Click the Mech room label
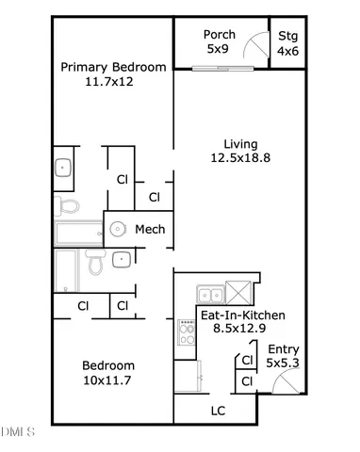pyautogui.click(x=150, y=229)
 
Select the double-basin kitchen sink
pyautogui.click(x=210, y=292)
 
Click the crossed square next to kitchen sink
pyautogui.click(x=240, y=292)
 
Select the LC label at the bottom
pyautogui.click(x=217, y=411)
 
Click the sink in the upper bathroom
pyautogui.click(x=64, y=168)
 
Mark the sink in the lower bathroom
pyautogui.click(x=122, y=260)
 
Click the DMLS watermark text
pyautogui.click(x=17, y=432)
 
